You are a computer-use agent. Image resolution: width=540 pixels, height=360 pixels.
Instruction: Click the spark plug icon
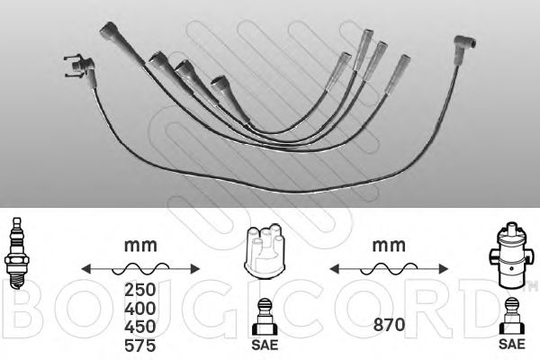point(16,254)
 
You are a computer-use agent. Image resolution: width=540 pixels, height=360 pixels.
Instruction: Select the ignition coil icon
point(511,256)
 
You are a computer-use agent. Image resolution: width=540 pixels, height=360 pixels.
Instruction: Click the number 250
point(139,290)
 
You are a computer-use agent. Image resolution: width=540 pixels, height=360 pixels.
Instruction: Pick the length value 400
point(139,309)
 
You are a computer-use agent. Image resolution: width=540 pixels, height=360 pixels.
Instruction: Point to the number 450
point(139,327)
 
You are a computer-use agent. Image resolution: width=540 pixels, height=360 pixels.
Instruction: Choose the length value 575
point(139,346)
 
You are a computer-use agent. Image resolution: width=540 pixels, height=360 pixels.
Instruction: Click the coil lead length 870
point(389,325)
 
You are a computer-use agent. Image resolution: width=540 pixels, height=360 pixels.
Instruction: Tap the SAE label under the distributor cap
point(265,345)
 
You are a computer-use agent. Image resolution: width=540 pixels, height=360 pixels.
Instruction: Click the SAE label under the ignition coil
point(512,344)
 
